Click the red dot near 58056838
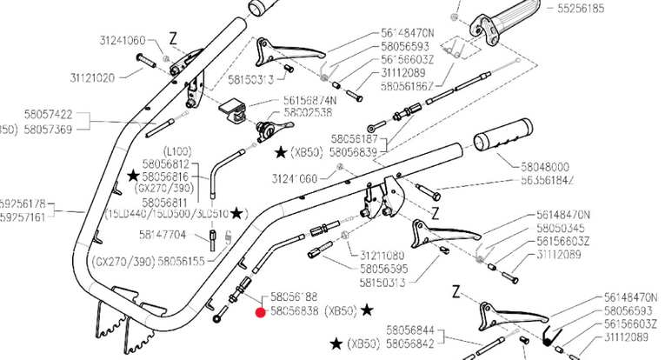[259, 311]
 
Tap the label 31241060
[123, 40]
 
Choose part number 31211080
[382, 256]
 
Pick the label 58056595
[382, 269]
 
